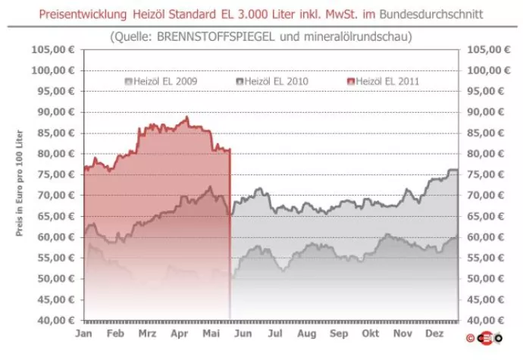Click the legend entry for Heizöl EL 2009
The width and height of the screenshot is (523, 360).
[x=160, y=81]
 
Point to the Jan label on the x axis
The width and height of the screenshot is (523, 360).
[x=83, y=333]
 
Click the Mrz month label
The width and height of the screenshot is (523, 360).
[x=149, y=333]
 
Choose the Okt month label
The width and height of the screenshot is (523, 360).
[x=370, y=333]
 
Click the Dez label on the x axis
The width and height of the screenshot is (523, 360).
[x=435, y=333]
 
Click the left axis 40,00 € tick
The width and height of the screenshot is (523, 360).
[x=55, y=320]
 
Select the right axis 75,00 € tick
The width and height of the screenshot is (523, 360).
[x=485, y=174]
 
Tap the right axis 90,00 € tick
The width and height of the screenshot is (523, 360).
[x=485, y=112]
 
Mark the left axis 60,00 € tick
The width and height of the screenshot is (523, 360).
[x=55, y=236]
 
